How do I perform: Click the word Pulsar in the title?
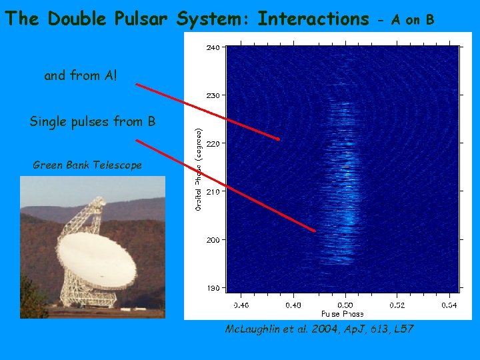(x=139, y=19)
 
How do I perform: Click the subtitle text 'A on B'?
(x=413, y=20)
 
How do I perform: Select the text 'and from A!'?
(x=80, y=75)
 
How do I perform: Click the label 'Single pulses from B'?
(x=93, y=121)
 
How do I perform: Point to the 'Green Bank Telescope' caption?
(x=87, y=165)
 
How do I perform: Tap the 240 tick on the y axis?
(x=211, y=47)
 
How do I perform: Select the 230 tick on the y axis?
(x=211, y=95)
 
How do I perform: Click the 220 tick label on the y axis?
(x=211, y=143)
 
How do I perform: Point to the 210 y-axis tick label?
(x=211, y=191)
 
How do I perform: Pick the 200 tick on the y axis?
(x=211, y=239)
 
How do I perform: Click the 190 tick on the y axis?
(x=211, y=288)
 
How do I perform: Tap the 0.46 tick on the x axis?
(x=241, y=305)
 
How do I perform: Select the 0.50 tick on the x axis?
(x=345, y=305)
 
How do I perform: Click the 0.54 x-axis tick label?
(x=449, y=305)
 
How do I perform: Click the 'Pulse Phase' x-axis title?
(x=343, y=313)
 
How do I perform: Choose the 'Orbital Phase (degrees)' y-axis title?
(x=199, y=169)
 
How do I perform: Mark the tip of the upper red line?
(x=278, y=139)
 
